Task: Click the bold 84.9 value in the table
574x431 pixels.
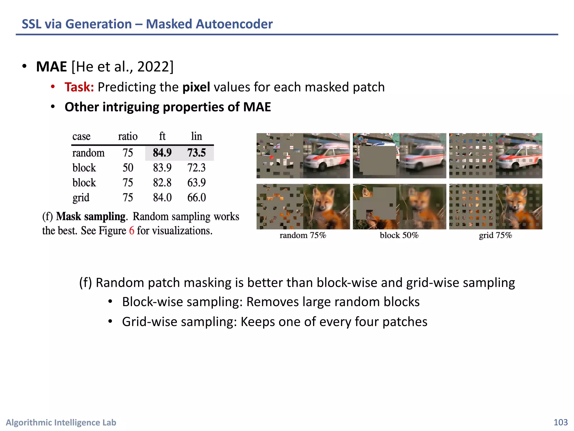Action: point(162,153)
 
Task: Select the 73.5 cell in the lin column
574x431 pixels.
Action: point(196,153)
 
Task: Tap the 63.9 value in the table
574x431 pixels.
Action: point(196,183)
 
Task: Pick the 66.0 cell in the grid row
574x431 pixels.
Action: point(196,198)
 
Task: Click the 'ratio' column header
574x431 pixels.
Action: point(128,136)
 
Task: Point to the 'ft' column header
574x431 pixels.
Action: point(162,136)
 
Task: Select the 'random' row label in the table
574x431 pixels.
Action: point(88,153)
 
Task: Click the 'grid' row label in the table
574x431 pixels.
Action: point(81,198)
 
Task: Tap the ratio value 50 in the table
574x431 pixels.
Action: point(128,168)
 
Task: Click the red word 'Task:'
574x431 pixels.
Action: point(79,87)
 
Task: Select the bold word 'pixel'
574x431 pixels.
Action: point(196,87)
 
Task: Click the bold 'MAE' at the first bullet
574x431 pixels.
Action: point(52,67)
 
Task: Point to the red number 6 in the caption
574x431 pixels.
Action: point(131,231)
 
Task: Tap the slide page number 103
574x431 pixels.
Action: point(561,422)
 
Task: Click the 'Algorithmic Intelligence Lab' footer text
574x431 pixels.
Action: point(61,422)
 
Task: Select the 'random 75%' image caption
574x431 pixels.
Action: point(303,235)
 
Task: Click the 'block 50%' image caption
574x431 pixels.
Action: point(399,235)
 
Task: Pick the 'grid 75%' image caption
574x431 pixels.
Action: point(495,235)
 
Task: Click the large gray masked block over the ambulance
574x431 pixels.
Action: point(378,160)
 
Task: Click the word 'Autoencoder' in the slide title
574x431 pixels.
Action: point(234,24)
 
